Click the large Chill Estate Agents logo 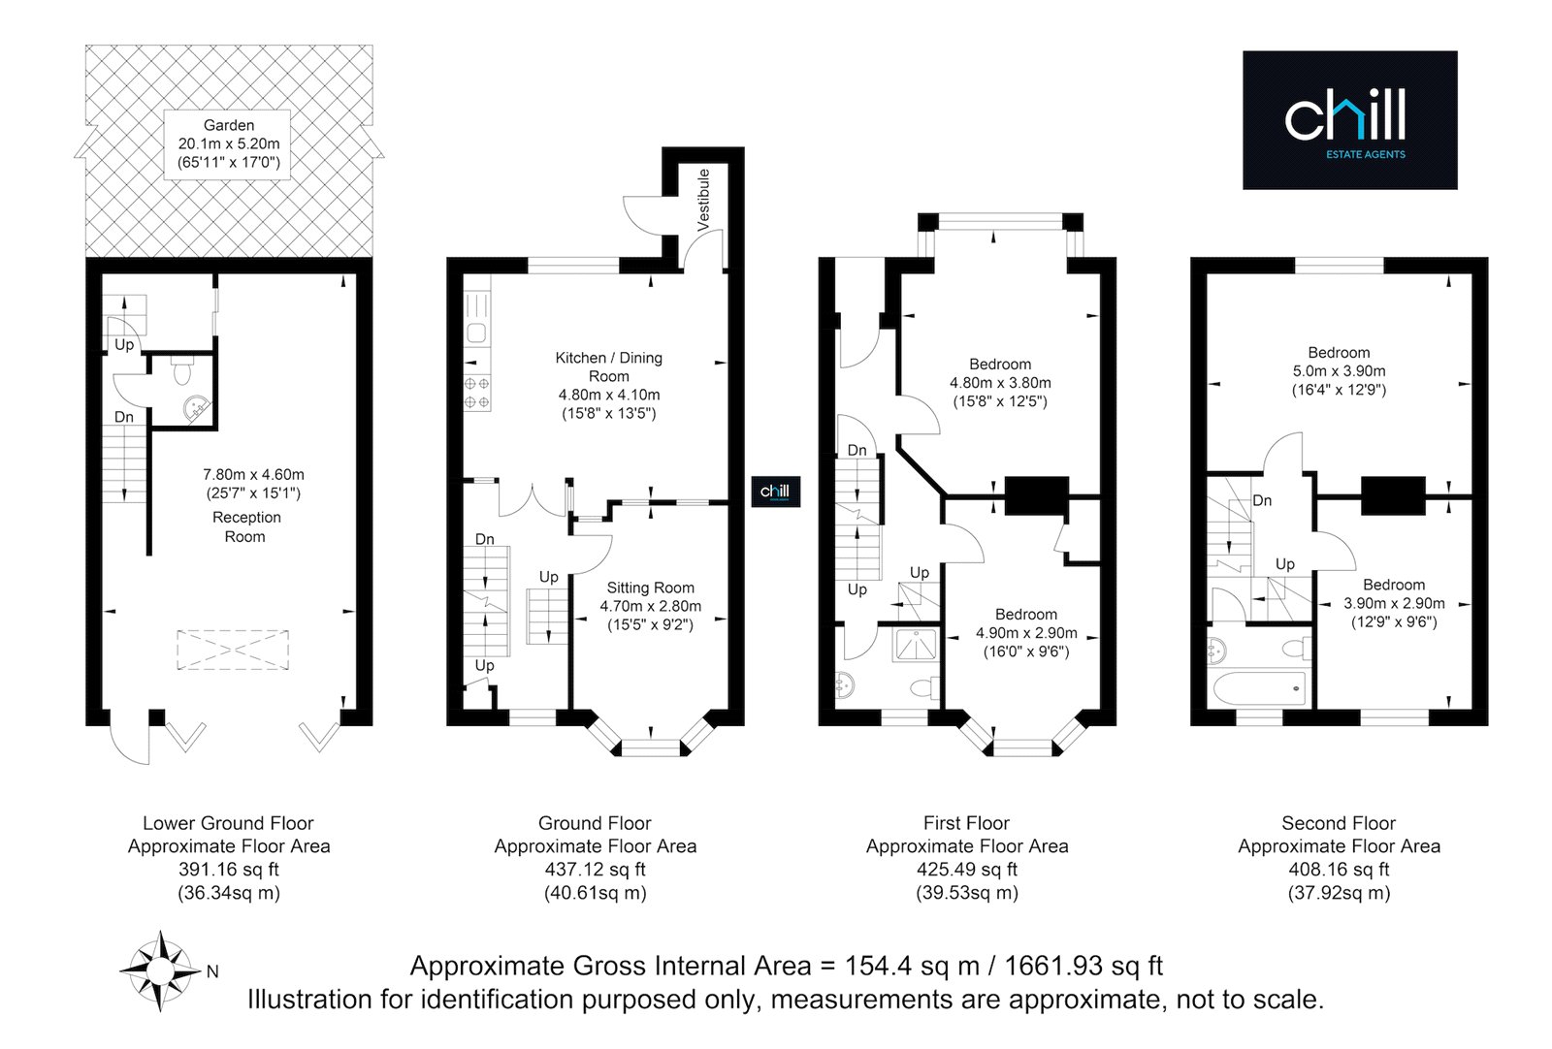(1349, 120)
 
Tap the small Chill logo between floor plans (775, 492)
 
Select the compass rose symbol (161, 970)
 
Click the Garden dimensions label (229, 144)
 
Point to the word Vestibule (703, 200)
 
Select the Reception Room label (246, 526)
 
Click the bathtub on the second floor (1260, 687)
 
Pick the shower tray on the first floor (916, 645)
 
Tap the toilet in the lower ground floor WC (182, 370)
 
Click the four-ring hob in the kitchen (476, 393)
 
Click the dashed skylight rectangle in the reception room (233, 650)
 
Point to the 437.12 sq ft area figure (596, 869)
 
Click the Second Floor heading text (1339, 823)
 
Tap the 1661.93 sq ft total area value (1083, 966)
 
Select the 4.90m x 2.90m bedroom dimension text (1026, 633)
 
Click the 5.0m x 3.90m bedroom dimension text (1339, 371)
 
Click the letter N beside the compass (212, 972)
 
